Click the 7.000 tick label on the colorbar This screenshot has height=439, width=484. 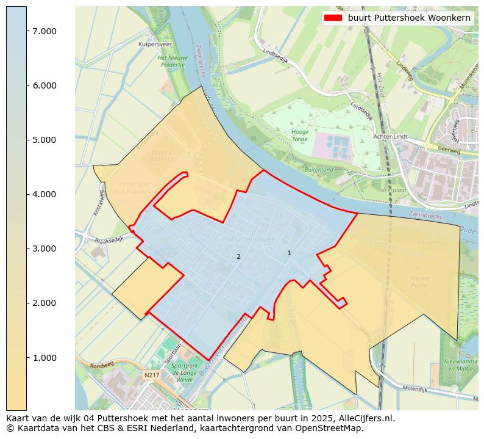(x=44, y=31)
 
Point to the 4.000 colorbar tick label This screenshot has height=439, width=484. (x=44, y=194)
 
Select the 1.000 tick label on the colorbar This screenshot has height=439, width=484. (x=44, y=358)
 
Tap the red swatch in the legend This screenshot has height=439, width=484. (x=332, y=18)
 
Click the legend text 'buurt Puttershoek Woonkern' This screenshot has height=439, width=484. (x=409, y=18)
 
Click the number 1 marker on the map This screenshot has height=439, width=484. (x=289, y=253)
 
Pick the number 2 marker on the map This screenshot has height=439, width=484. (x=238, y=256)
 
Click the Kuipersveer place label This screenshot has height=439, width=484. (x=154, y=45)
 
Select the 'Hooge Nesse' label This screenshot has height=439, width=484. (x=300, y=135)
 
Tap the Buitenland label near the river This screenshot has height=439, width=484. (x=319, y=169)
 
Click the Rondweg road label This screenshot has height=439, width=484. (x=85, y=366)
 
